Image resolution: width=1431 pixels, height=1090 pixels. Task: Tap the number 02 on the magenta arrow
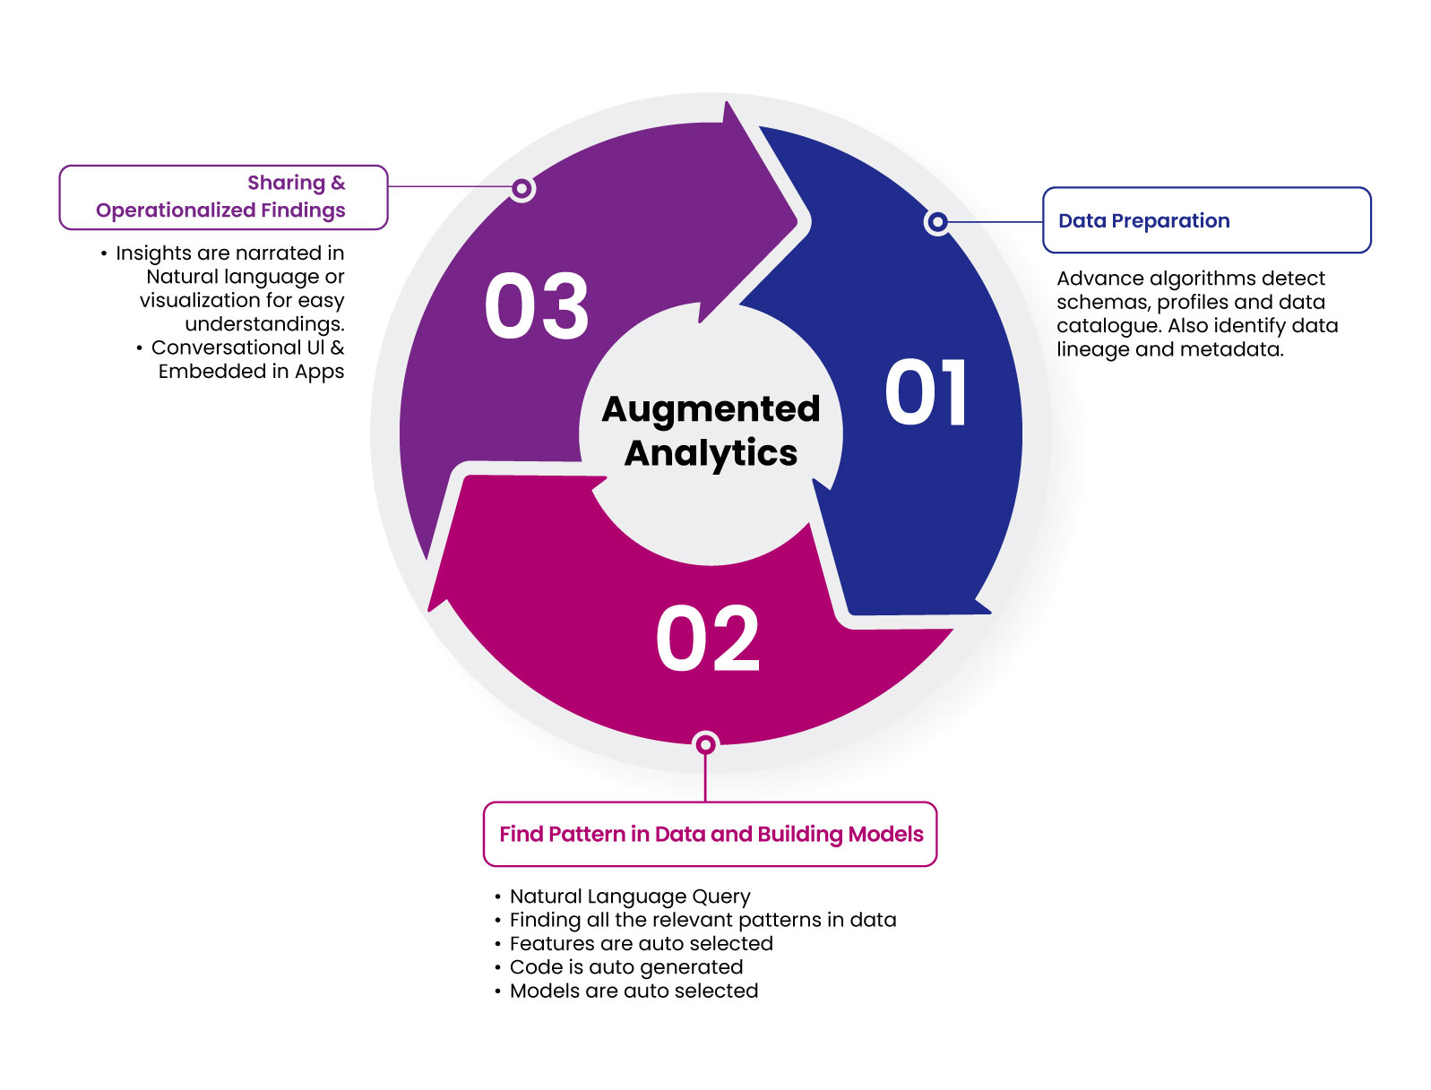click(x=707, y=639)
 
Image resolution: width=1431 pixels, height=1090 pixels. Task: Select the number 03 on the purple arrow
click(x=536, y=307)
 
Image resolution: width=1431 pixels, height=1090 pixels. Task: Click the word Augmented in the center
click(x=711, y=409)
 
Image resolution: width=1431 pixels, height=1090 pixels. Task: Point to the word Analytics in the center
click(x=711, y=453)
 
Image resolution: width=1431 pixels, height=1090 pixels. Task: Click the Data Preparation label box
click(x=1206, y=220)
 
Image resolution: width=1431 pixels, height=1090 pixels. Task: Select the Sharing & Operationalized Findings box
click(x=223, y=197)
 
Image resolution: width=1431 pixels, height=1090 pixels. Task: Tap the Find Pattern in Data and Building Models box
click(x=710, y=834)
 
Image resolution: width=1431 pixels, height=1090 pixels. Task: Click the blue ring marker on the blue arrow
click(x=937, y=221)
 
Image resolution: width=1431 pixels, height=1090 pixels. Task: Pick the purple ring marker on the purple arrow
click(x=522, y=188)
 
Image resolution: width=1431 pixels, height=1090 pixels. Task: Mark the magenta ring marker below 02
click(x=706, y=744)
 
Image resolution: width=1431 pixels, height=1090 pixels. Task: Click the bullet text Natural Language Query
click(x=629, y=897)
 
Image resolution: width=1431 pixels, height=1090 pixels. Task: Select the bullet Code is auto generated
click(x=625, y=967)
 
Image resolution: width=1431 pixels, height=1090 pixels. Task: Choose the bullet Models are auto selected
click(x=634, y=991)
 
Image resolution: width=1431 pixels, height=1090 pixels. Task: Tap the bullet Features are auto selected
click(x=641, y=944)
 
